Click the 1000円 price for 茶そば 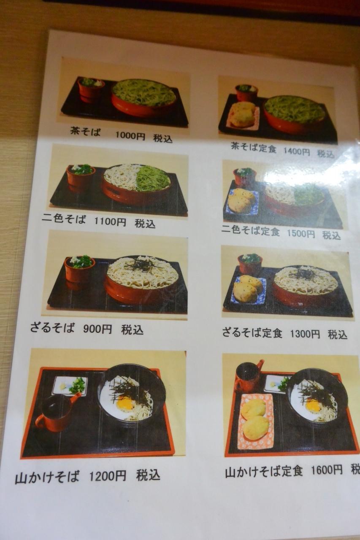click(x=130, y=136)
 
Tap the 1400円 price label click(x=296, y=151)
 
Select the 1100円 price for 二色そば click(x=110, y=221)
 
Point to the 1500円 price click(x=300, y=234)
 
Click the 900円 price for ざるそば click(x=97, y=329)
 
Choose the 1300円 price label click(x=305, y=334)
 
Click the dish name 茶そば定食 click(x=253, y=148)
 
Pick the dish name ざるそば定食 click(x=252, y=333)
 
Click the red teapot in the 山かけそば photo click(x=56, y=412)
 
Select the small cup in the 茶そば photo click(x=91, y=90)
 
